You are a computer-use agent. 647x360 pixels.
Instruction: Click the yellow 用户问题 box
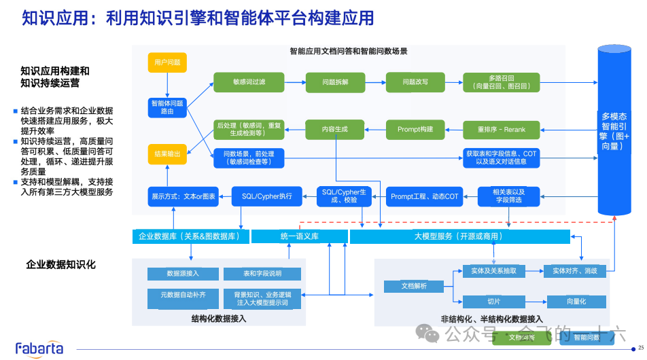pyautogui.click(x=167, y=62)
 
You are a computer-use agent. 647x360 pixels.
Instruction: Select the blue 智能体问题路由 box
pyautogui.click(x=167, y=107)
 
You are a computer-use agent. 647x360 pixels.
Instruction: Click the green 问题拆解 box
pyautogui.click(x=335, y=82)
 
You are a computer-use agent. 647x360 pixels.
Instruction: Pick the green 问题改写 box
pyautogui.click(x=415, y=82)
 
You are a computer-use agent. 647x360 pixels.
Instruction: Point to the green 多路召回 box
pyautogui.click(x=501, y=82)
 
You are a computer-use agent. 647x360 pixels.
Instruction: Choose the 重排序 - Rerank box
pyautogui.click(x=501, y=129)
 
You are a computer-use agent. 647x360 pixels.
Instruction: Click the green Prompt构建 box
pyautogui.click(x=415, y=129)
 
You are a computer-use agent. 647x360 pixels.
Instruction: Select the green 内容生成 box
pyautogui.click(x=335, y=129)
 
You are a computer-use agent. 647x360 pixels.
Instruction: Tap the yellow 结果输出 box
pyautogui.click(x=167, y=154)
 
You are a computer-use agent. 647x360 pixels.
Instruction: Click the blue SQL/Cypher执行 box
pyautogui.click(x=267, y=196)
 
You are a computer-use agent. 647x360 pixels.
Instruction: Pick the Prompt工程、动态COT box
pyautogui.click(x=425, y=196)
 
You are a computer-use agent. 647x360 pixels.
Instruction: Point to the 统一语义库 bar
pyautogui.click(x=299, y=236)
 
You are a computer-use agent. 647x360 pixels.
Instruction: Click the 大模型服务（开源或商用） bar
pyautogui.click(x=460, y=236)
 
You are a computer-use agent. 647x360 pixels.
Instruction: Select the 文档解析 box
pyautogui.click(x=415, y=286)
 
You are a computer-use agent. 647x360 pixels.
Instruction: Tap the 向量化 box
pyautogui.click(x=576, y=301)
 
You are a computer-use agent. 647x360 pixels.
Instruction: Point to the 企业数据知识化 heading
pyautogui.click(x=61, y=264)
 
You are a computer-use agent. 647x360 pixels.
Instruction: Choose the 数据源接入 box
pyautogui.click(x=183, y=274)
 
